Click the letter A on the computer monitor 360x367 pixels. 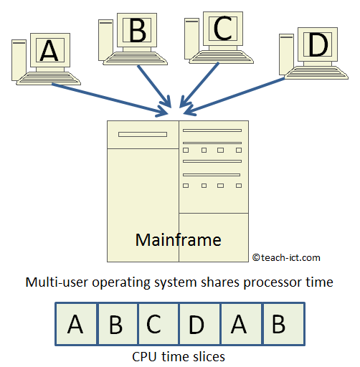(x=49, y=50)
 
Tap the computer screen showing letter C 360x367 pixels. (x=223, y=29)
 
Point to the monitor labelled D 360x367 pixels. (x=316, y=46)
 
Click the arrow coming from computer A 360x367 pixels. (x=108, y=98)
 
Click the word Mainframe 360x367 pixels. (x=178, y=239)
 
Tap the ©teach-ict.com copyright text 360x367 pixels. (x=286, y=257)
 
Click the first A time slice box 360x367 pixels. (x=75, y=325)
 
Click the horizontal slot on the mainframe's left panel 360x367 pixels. (x=142, y=134)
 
